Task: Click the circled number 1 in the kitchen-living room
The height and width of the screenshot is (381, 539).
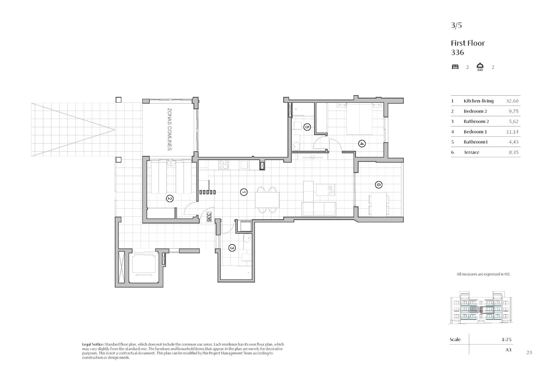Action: pyautogui.click(x=244, y=192)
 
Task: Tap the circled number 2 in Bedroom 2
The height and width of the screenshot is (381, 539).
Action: pyautogui.click(x=170, y=199)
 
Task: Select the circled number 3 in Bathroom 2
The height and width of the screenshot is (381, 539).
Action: pyautogui.click(x=232, y=248)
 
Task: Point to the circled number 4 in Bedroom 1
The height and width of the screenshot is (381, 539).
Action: pyautogui.click(x=362, y=144)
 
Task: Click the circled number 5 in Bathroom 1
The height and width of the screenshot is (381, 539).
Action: pyautogui.click(x=307, y=127)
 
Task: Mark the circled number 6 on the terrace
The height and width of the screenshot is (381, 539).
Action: pyautogui.click(x=378, y=184)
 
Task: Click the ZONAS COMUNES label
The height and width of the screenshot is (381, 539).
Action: pyautogui.click(x=169, y=129)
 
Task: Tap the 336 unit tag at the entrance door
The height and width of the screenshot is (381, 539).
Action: pyautogui.click(x=209, y=217)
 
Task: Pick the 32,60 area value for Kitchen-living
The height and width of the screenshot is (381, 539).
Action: pyautogui.click(x=512, y=101)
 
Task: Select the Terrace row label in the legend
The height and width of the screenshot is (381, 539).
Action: pyautogui.click(x=471, y=152)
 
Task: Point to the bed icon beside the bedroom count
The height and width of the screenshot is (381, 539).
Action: pyautogui.click(x=455, y=67)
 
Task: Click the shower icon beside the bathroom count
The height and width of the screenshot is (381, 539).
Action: pyautogui.click(x=480, y=67)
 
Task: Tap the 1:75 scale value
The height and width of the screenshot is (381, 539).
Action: pyautogui.click(x=506, y=339)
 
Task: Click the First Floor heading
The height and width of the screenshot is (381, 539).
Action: pyautogui.click(x=468, y=43)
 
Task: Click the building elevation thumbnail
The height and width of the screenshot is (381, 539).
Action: pyautogui.click(x=480, y=308)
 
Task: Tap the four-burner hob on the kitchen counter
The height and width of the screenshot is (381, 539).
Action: pyautogui.click(x=224, y=165)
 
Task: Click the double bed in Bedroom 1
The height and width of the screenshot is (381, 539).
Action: pyautogui.click(x=360, y=119)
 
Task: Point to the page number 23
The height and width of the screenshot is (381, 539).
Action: pyautogui.click(x=529, y=353)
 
